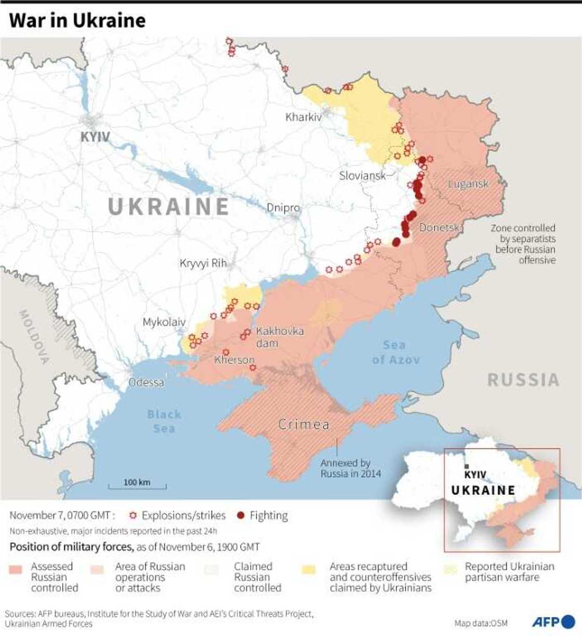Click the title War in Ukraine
[x=77, y=20]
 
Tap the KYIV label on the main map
[x=95, y=137]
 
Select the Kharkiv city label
[x=303, y=117]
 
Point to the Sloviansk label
[x=362, y=176]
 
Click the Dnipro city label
[x=283, y=208]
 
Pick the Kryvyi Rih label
[x=203, y=263]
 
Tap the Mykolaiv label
[x=164, y=323]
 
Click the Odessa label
[x=146, y=382]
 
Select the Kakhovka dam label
[x=280, y=337]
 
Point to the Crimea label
[x=304, y=425]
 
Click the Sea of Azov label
[x=395, y=352]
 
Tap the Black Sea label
[x=164, y=421]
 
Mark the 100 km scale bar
[x=137, y=486]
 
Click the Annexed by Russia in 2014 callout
[x=350, y=468]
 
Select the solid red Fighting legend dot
[x=240, y=515]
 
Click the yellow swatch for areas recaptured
[x=309, y=570]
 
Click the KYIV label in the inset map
[x=475, y=475]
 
